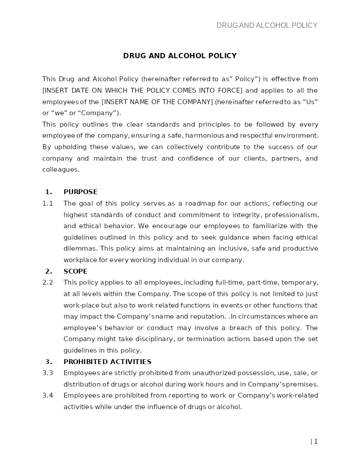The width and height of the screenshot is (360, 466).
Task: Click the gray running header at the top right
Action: click(x=266, y=26)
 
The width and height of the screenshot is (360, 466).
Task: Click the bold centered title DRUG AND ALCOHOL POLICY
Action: click(x=180, y=56)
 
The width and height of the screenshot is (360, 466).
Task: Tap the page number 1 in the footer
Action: click(x=315, y=441)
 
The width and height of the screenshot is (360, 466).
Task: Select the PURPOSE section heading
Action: click(x=80, y=192)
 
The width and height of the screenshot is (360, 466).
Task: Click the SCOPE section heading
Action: click(x=75, y=271)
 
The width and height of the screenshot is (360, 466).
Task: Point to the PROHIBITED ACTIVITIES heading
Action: click(x=107, y=362)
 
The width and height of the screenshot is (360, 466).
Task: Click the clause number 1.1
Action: click(x=48, y=203)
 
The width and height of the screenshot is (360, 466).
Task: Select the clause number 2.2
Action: click(x=48, y=282)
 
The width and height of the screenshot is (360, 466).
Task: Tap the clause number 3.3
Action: click(x=48, y=373)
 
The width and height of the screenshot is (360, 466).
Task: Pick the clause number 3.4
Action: click(x=48, y=395)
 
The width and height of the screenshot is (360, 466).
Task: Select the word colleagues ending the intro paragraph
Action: click(x=60, y=169)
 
